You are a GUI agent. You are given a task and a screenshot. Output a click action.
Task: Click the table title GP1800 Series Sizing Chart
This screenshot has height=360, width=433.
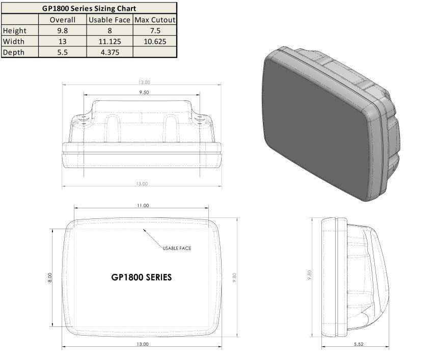point(89,8)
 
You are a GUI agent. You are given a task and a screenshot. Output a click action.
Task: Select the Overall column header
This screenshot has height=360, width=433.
point(63,20)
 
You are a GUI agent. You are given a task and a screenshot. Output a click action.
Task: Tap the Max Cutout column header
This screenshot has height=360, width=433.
point(155,20)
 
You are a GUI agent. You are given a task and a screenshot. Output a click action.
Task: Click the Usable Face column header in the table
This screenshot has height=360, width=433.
point(109,20)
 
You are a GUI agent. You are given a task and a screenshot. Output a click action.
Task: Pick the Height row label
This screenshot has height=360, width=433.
point(15,31)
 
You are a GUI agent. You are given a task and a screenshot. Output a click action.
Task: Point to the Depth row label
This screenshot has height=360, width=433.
point(13,52)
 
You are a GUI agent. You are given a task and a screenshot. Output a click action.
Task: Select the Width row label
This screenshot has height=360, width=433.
point(13,41)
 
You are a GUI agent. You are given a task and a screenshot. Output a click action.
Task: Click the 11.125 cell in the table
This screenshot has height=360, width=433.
point(109,41)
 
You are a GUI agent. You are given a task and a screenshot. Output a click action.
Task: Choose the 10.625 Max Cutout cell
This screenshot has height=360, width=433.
point(155,41)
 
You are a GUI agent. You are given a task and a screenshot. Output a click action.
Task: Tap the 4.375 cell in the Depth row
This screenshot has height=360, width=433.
point(109,52)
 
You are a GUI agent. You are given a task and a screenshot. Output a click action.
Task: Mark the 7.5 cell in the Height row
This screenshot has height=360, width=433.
point(155,31)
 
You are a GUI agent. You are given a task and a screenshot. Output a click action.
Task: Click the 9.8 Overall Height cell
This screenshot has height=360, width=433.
point(63,31)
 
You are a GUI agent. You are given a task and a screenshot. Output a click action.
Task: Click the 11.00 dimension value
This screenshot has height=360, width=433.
point(143,206)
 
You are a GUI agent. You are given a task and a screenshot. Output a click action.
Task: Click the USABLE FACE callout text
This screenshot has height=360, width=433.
point(177,248)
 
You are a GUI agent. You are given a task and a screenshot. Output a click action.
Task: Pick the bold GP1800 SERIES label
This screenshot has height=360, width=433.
point(141,278)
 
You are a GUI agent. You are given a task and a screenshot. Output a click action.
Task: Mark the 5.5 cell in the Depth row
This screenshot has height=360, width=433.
point(63,52)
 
